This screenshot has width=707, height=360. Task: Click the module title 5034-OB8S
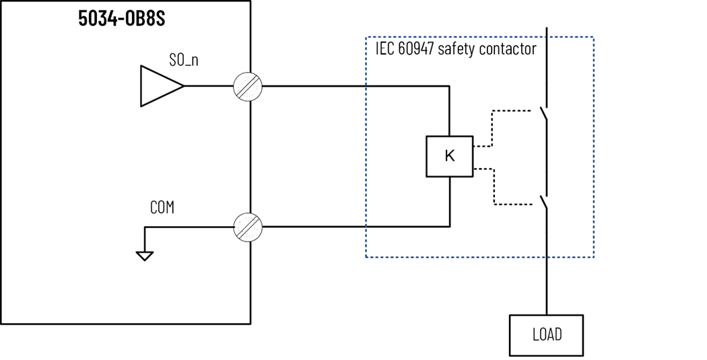click(x=121, y=18)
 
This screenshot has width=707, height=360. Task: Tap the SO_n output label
click(x=183, y=60)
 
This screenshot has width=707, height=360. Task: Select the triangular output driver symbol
click(x=159, y=86)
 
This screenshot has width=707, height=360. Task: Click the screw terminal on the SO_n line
click(x=247, y=86)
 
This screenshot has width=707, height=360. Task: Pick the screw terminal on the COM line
click(x=247, y=227)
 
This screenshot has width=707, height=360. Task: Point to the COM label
click(x=162, y=208)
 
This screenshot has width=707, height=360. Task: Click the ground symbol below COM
click(x=145, y=255)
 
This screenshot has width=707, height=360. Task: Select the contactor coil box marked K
click(x=449, y=156)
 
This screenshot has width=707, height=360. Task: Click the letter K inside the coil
click(x=450, y=156)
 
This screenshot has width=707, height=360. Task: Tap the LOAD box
click(x=546, y=334)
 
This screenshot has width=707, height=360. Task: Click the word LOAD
click(x=546, y=334)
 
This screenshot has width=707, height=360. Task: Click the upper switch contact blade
click(x=544, y=114)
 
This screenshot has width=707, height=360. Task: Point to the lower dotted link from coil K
click(x=495, y=188)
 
